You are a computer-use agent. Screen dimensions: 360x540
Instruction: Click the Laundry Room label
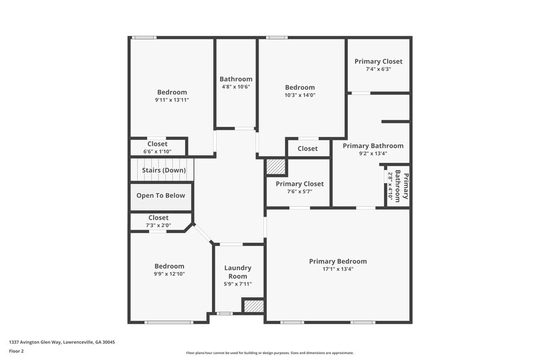point(238,272)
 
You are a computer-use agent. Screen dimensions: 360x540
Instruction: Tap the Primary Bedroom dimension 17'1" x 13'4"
point(337,269)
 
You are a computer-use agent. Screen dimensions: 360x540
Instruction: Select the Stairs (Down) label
point(163,170)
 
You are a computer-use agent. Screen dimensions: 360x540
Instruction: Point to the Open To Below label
point(161,196)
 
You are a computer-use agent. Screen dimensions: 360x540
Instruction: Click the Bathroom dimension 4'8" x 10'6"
point(236,86)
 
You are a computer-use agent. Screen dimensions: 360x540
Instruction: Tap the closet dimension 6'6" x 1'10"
point(157,151)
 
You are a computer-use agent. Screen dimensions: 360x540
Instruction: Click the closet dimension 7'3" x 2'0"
point(158,225)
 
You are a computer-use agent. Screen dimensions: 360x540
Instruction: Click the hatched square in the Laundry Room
point(252,306)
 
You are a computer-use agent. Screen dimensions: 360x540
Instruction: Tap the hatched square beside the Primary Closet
point(275,166)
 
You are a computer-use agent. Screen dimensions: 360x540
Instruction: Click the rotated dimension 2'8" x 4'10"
point(390,184)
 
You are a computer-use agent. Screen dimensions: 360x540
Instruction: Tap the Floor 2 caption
point(16,351)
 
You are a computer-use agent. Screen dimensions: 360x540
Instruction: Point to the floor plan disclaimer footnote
point(269,353)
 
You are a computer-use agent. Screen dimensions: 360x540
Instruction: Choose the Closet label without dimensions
point(307,149)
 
